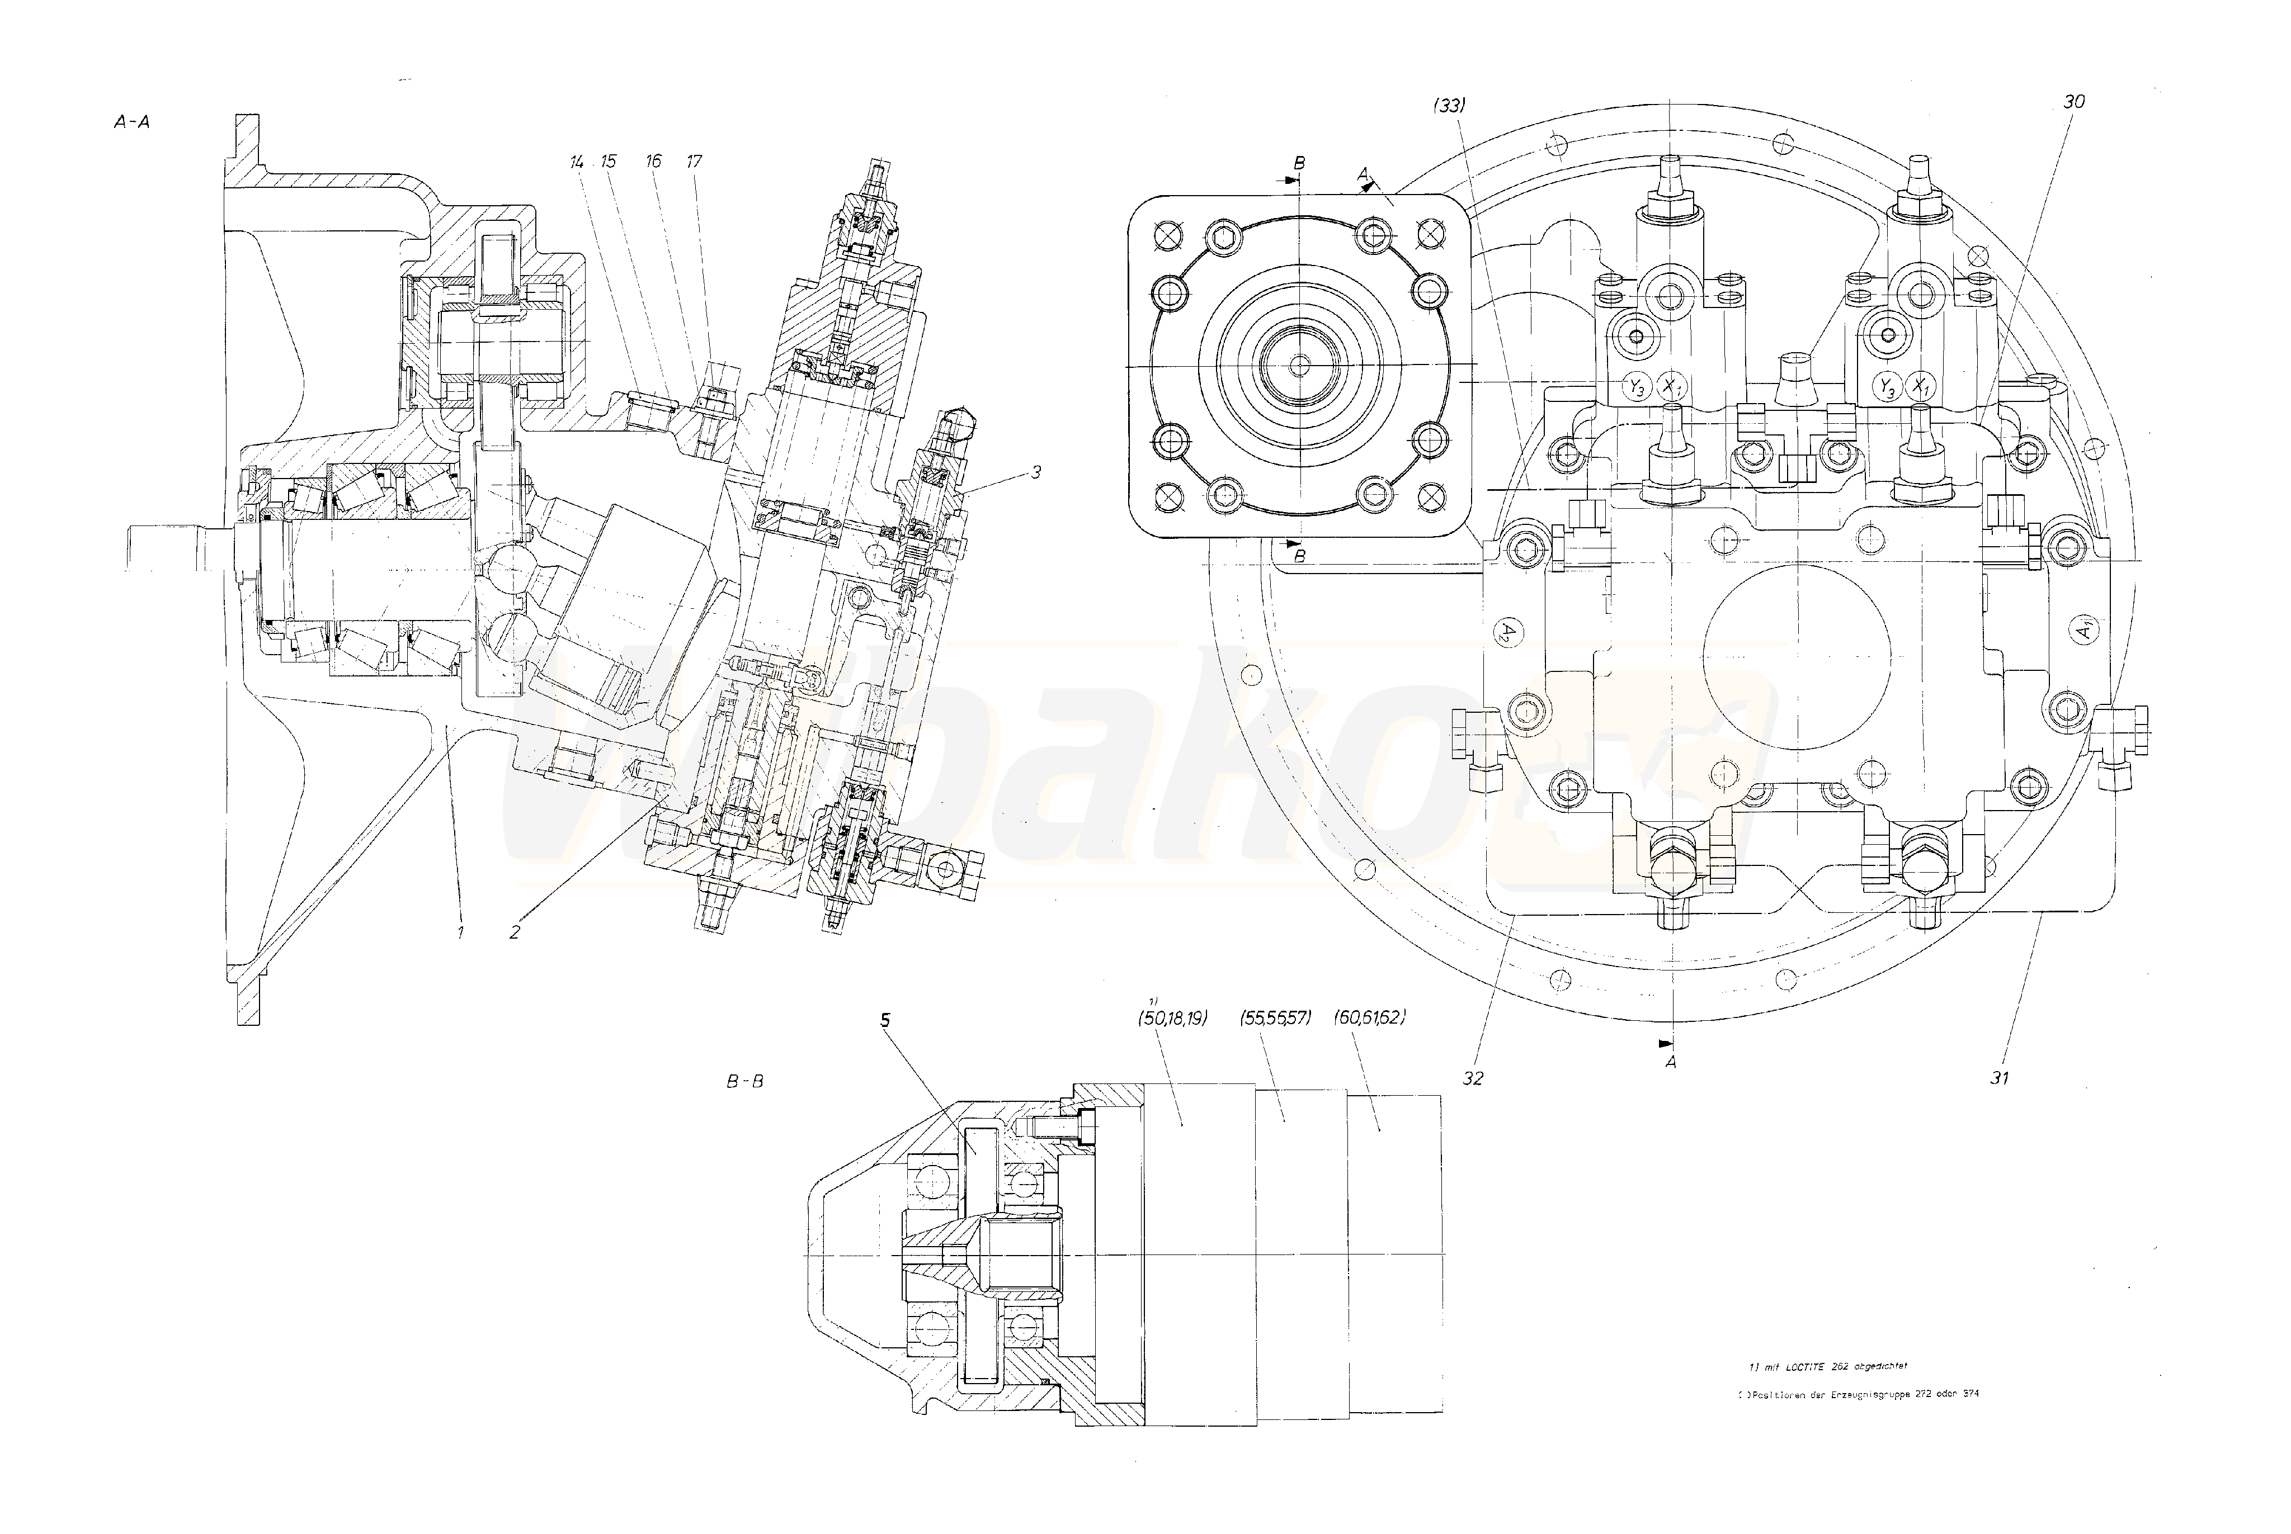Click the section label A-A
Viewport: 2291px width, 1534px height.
click(x=131, y=122)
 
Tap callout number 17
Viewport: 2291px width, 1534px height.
click(x=694, y=162)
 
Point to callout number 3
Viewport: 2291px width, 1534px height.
click(x=1035, y=472)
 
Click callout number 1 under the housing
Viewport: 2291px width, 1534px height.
click(x=459, y=932)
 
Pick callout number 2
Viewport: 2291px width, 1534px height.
click(x=515, y=932)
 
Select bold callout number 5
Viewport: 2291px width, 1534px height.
click(x=885, y=1020)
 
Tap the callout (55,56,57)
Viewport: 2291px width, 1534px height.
click(x=1275, y=1017)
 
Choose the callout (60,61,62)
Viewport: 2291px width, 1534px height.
click(x=1370, y=1017)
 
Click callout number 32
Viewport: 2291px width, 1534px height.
click(x=1472, y=1077)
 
